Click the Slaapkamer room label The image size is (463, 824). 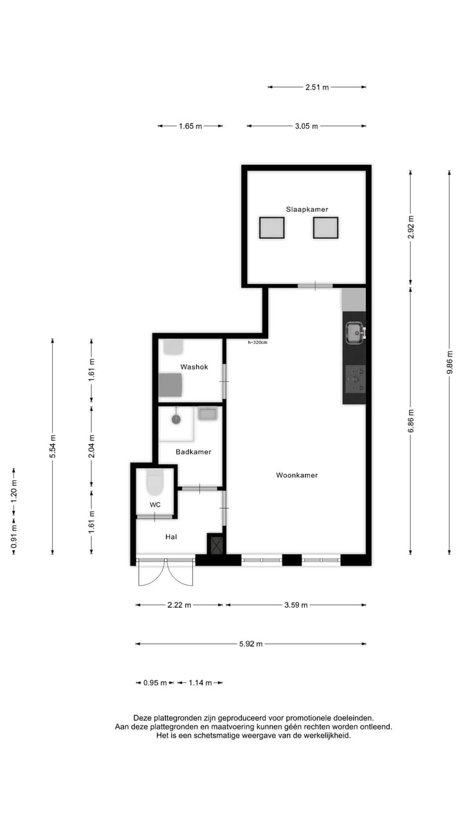pyautogui.click(x=307, y=209)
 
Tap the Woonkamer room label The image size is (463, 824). pyautogui.click(x=296, y=475)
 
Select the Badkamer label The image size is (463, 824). pyautogui.click(x=193, y=452)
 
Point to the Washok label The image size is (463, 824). pyautogui.click(x=194, y=367)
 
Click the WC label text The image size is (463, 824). pyautogui.click(x=155, y=505)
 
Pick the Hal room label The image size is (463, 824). pyautogui.click(x=170, y=536)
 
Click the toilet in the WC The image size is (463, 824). pyautogui.click(x=155, y=481)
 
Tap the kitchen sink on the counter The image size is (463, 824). pyautogui.click(x=354, y=332)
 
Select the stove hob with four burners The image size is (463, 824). pyautogui.click(x=355, y=379)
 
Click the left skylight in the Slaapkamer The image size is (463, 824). pyautogui.click(x=271, y=227)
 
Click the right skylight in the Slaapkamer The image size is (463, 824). pyautogui.click(x=325, y=227)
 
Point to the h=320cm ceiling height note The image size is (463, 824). pyautogui.click(x=257, y=342)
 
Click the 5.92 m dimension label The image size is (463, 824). pyautogui.click(x=251, y=644)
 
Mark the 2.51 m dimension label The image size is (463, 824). pyautogui.click(x=317, y=87)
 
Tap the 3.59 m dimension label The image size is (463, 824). pyautogui.click(x=296, y=605)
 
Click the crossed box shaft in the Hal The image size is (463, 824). pyautogui.click(x=216, y=544)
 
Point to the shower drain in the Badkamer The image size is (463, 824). pyautogui.click(x=176, y=419)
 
